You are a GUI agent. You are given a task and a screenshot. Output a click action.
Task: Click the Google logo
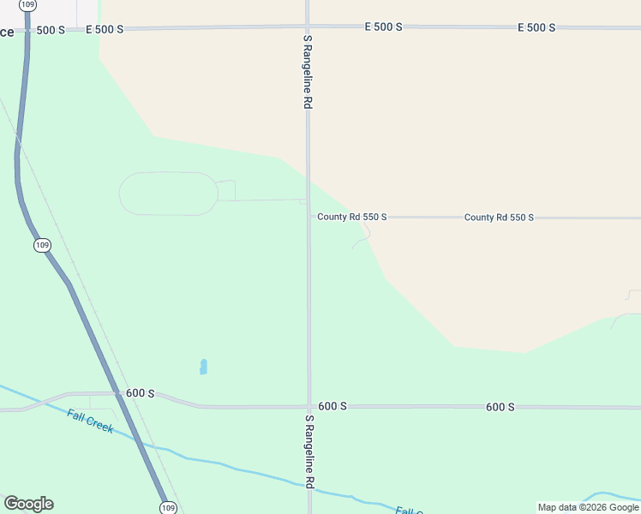(28, 504)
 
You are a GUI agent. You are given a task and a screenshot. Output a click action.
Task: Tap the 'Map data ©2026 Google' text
(589, 507)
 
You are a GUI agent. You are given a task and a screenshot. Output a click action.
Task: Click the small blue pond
(203, 367)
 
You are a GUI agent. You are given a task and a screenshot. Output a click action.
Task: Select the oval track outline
(168, 193)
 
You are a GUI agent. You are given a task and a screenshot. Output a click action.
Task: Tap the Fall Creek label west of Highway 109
(90, 421)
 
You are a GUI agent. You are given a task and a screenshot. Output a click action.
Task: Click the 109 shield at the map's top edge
(27, 5)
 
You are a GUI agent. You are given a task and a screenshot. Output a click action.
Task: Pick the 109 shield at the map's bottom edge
(168, 507)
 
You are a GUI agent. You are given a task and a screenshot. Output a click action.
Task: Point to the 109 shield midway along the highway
(43, 246)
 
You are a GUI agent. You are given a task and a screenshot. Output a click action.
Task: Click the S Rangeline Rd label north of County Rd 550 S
(307, 72)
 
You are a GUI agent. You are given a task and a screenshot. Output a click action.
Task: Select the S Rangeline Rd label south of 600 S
(309, 452)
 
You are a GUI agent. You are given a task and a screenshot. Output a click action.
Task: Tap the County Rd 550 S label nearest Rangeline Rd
(352, 218)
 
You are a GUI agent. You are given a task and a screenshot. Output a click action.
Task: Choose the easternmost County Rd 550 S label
(499, 218)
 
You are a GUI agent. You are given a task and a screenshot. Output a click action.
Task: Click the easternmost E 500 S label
(536, 27)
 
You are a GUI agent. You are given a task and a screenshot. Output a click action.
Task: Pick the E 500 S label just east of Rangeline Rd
(383, 27)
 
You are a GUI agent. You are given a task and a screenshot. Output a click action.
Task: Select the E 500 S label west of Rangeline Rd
(105, 29)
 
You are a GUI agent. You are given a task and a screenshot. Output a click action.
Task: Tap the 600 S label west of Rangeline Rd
(140, 393)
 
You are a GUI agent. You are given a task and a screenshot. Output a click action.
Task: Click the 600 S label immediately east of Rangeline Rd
(332, 406)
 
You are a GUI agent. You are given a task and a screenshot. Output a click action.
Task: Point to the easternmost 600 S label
(500, 407)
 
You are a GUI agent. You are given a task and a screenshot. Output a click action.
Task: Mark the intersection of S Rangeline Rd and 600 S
(309, 406)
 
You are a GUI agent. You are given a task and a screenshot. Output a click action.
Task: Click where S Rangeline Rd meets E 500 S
(308, 27)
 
